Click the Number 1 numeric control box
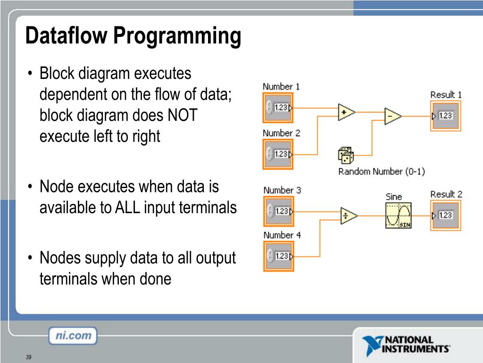click(278, 108)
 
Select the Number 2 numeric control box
click(278, 154)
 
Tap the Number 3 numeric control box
click(278, 211)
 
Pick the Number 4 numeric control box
click(278, 256)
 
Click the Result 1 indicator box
click(445, 116)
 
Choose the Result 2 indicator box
click(445, 216)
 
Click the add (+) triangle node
click(347, 112)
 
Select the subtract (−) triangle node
click(393, 116)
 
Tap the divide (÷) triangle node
click(349, 216)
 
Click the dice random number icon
click(346, 155)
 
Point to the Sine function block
click(398, 216)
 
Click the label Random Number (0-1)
click(382, 171)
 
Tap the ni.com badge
click(73, 336)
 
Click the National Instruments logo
click(406, 345)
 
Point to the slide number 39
click(29, 357)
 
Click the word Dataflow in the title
click(66, 35)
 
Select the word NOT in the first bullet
click(183, 115)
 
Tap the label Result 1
click(446, 95)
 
